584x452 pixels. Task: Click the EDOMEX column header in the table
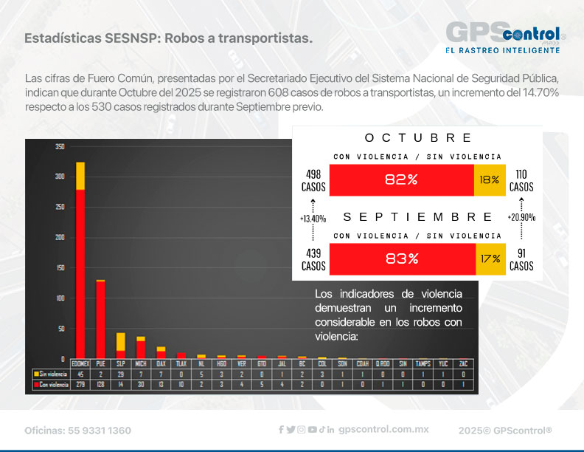coord(80,364)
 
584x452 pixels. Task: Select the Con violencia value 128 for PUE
coord(100,384)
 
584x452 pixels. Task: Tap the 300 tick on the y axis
coord(60,177)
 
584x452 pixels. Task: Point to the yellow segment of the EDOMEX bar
coord(80,176)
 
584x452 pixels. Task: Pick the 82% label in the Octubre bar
coord(402,179)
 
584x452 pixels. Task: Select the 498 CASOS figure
coord(313,180)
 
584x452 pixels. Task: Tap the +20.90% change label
coord(521,219)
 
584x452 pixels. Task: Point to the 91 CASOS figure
coord(521,259)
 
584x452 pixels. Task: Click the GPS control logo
coord(506,37)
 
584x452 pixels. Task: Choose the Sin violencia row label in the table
coord(49,374)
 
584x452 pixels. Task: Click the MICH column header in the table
coord(140,364)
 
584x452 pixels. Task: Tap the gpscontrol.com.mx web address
coord(383,430)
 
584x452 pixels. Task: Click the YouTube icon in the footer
coord(313,430)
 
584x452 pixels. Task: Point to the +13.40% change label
coord(313,219)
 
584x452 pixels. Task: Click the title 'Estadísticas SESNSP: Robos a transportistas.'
coord(167,38)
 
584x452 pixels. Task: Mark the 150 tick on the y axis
coord(60,267)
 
